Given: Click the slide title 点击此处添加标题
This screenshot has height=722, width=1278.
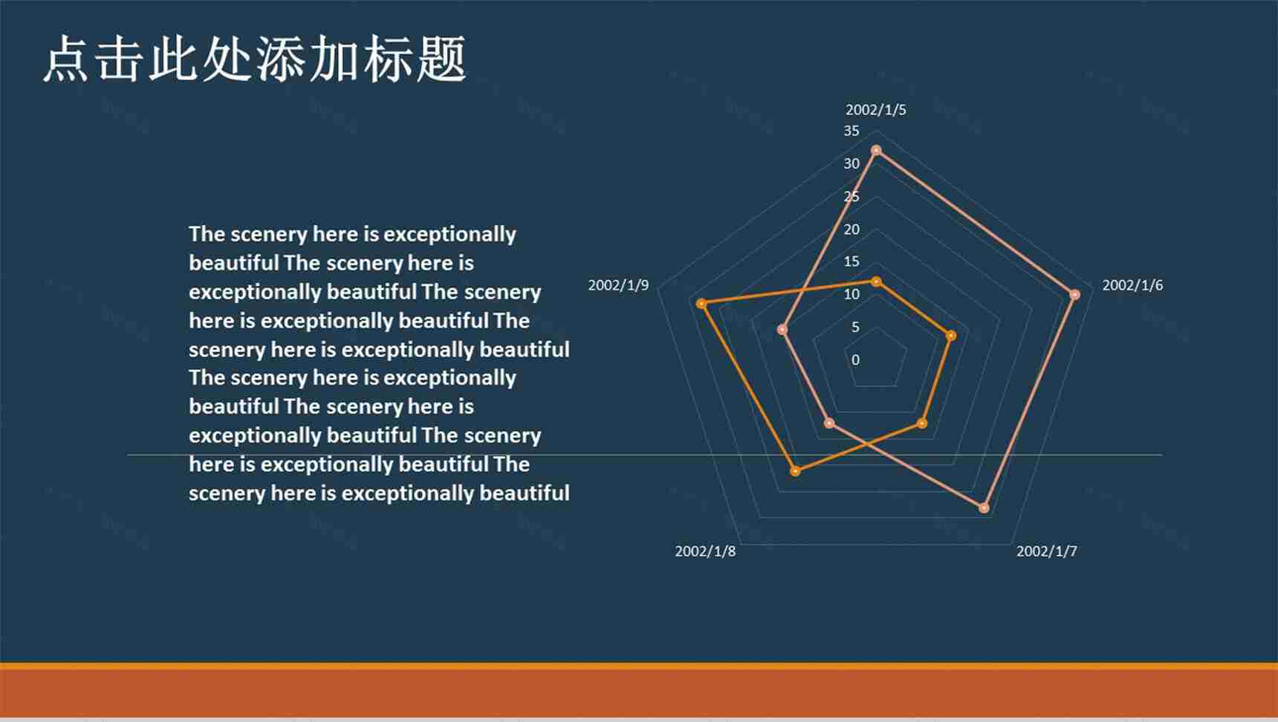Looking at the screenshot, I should (255, 59).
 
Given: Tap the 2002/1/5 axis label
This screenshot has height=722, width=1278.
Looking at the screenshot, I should (875, 110).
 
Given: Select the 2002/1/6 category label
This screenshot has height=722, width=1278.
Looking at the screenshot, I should (1132, 285).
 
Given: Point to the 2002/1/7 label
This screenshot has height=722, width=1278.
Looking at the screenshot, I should (1046, 551).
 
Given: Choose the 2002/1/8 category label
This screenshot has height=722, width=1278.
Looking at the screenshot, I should (705, 551).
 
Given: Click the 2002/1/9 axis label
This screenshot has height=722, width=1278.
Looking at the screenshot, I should (618, 285).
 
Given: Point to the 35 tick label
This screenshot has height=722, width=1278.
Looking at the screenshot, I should (852, 131).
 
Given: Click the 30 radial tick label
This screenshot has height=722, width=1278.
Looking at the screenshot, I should (852, 163).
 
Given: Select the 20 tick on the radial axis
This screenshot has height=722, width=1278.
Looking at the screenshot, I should (852, 229).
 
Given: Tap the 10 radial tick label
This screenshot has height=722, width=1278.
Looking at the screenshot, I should (852, 294).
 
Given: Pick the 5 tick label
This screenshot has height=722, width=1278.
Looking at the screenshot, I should (855, 327).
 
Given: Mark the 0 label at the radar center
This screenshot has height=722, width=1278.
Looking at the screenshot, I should (855, 360).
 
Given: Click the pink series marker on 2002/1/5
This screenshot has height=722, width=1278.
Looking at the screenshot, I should (876, 151).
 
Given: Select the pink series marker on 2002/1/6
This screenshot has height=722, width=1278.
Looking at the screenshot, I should (1074, 295).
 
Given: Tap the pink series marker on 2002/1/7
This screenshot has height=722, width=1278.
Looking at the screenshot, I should (984, 508).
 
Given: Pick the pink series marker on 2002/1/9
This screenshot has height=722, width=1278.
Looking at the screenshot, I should (782, 329).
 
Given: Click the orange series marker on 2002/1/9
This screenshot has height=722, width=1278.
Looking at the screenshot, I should (701, 303).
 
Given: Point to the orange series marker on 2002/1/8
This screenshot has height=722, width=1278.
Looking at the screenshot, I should (795, 471).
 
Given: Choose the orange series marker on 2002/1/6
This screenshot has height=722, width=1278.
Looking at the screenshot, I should (950, 336).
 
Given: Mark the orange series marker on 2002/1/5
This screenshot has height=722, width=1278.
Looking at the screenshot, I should (876, 282).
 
